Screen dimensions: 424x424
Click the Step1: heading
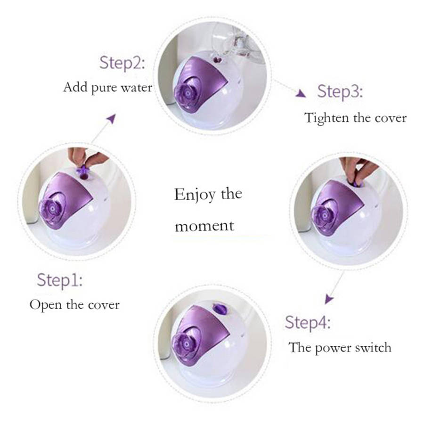click(x=60, y=280)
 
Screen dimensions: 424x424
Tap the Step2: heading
click(x=122, y=63)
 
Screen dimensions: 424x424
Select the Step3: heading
click(x=340, y=91)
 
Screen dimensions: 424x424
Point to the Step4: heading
click(x=308, y=323)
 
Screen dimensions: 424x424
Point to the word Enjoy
click(x=195, y=195)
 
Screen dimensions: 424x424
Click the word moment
click(x=204, y=226)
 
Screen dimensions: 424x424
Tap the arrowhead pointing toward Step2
click(x=111, y=118)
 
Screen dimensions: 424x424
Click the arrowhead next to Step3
click(x=301, y=94)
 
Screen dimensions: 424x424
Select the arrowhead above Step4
click(x=329, y=299)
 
